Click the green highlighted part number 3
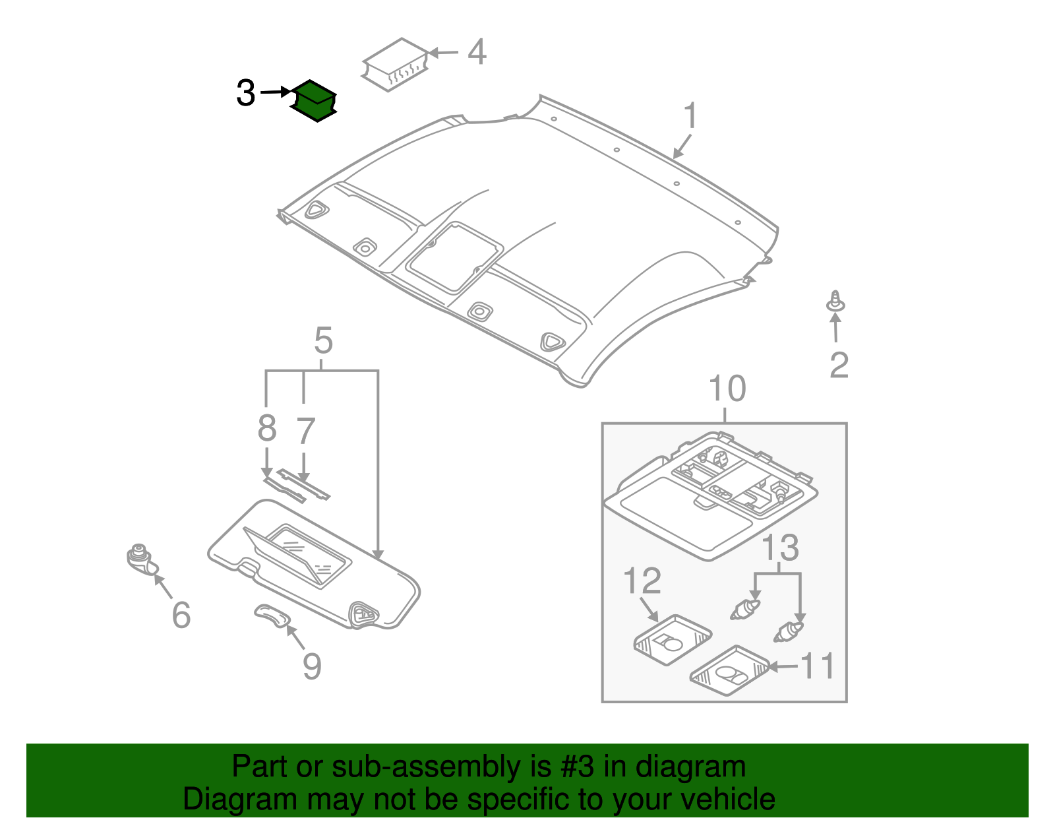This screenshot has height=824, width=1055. (x=315, y=101)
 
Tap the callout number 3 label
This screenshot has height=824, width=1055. (x=245, y=93)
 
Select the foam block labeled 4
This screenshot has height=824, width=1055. (x=395, y=63)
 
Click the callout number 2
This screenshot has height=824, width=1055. (x=839, y=365)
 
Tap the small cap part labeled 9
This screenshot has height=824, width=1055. (x=273, y=615)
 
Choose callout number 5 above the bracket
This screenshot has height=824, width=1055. (x=323, y=341)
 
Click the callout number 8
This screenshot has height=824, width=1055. (x=266, y=429)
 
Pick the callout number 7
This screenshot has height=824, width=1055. (x=305, y=431)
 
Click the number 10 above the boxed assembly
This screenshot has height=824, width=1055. (x=727, y=389)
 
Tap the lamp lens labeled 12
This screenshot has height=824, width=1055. (x=672, y=639)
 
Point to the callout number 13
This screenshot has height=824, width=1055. (x=780, y=548)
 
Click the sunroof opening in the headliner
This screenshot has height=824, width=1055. (x=455, y=257)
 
